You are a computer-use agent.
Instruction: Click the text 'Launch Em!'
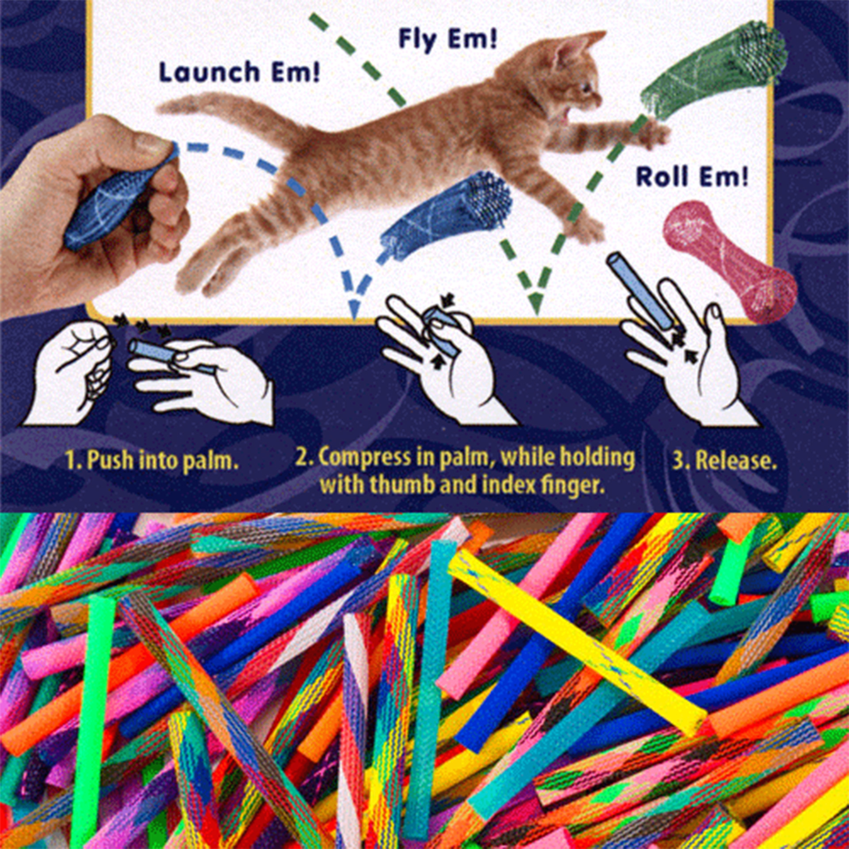coord(239,72)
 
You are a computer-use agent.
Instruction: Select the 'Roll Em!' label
coord(692,176)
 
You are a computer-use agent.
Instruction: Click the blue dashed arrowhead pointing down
coord(354,310)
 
